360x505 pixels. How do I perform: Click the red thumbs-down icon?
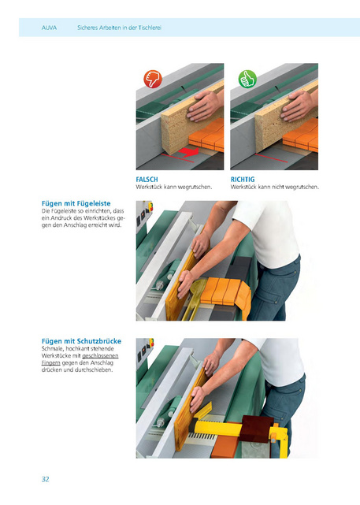[x=153, y=79]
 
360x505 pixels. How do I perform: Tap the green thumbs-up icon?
[x=247, y=79]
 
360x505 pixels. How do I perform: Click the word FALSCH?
[x=147, y=180]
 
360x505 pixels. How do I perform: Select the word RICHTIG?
[x=243, y=180]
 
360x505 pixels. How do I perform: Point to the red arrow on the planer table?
[x=189, y=152]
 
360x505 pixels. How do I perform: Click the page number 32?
[x=46, y=479]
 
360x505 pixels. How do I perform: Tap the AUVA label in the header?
[x=49, y=28]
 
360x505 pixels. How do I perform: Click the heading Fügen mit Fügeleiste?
[x=76, y=203]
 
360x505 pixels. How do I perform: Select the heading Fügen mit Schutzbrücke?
[x=81, y=341]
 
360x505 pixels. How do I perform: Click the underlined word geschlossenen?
[x=101, y=356]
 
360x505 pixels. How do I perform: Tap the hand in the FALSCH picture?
[x=204, y=106]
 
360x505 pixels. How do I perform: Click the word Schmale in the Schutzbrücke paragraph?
[x=53, y=348]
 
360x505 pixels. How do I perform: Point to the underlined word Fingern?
[x=51, y=363]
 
